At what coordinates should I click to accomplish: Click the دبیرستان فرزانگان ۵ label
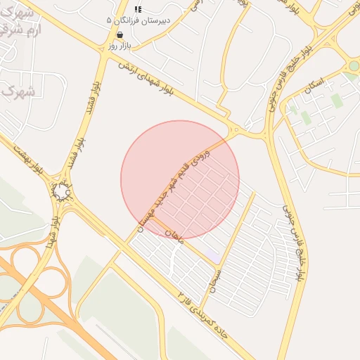coord(137,20)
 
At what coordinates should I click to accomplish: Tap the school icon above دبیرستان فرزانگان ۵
coord(138,9)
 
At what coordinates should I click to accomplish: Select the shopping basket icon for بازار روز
coord(121,34)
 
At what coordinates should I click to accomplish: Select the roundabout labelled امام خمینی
coord(61,191)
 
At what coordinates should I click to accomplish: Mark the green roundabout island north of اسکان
coord(354,66)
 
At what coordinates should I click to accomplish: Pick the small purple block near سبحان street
coord(212,254)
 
